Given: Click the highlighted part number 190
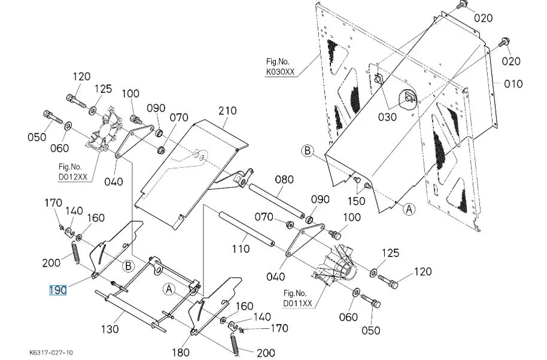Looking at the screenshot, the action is (58, 290).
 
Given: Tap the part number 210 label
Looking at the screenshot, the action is (227, 111).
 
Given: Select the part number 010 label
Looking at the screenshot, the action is (513, 84).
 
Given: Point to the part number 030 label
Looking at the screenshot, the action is (387, 117).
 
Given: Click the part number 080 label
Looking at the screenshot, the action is (284, 180).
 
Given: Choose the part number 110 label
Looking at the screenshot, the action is (241, 249).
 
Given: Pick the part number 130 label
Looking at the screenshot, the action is (110, 329).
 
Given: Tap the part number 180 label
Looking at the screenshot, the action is (181, 352).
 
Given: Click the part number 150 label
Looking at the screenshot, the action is (356, 201).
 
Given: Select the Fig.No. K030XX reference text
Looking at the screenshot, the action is (279, 66).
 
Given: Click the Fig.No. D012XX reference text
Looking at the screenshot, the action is (72, 172).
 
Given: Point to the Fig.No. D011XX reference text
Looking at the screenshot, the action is (297, 298).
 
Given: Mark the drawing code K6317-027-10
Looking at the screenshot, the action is (51, 353).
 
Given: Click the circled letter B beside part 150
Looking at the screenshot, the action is (308, 151).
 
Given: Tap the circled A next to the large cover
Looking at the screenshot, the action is (409, 209).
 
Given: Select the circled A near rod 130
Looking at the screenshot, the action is (169, 289).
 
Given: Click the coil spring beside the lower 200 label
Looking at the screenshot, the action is (234, 344).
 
